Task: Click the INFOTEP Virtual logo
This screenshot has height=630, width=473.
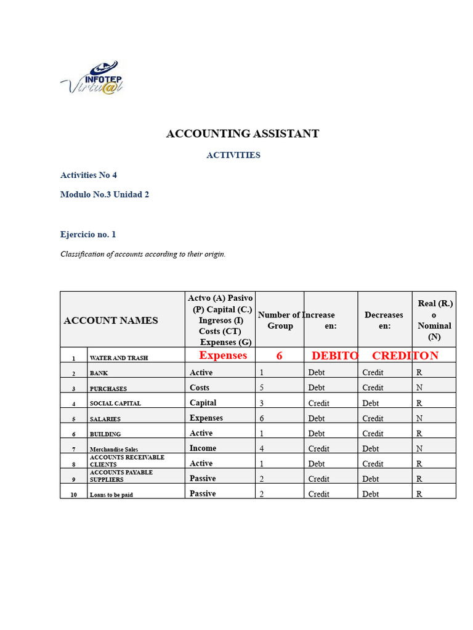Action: (92, 78)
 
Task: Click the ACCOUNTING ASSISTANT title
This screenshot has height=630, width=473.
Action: (243, 134)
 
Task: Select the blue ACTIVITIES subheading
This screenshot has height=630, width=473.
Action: (233, 155)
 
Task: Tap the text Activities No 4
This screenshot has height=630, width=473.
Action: (89, 175)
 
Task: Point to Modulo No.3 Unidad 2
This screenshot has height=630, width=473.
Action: (105, 194)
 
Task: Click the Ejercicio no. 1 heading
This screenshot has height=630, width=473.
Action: (88, 234)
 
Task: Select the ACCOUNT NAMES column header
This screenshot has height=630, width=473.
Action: (111, 320)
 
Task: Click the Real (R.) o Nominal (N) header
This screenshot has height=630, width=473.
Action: (434, 320)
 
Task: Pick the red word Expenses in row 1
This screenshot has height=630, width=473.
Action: (223, 356)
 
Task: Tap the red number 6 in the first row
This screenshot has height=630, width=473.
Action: (280, 356)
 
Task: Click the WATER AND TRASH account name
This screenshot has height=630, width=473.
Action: (119, 358)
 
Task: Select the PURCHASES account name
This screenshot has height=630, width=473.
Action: (108, 389)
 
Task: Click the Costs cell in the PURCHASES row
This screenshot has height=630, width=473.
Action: (200, 388)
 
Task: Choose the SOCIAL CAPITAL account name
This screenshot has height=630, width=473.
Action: (115, 404)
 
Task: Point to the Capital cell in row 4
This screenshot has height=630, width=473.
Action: (203, 403)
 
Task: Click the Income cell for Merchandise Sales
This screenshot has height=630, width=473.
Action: (203, 449)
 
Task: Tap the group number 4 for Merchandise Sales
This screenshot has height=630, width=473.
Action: (262, 449)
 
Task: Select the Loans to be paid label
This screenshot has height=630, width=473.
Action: (111, 495)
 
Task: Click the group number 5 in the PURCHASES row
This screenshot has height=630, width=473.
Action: (262, 388)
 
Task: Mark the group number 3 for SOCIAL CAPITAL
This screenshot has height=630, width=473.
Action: (262, 404)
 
